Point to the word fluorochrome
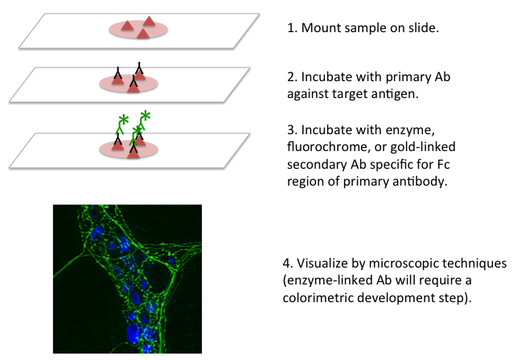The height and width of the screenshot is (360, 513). pos(329,146)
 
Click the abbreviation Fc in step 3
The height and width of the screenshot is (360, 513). pos(444,164)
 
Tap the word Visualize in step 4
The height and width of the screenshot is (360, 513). pos(322,264)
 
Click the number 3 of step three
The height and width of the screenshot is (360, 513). pos(290,130)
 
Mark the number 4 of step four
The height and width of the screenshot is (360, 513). pos(286,264)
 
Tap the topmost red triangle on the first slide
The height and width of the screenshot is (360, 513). pos(149,22)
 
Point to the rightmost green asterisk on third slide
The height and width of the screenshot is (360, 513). pos(146,116)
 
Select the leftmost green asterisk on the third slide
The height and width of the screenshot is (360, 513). pos(124,120)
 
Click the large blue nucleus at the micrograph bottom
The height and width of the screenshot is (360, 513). pos(133,333)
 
